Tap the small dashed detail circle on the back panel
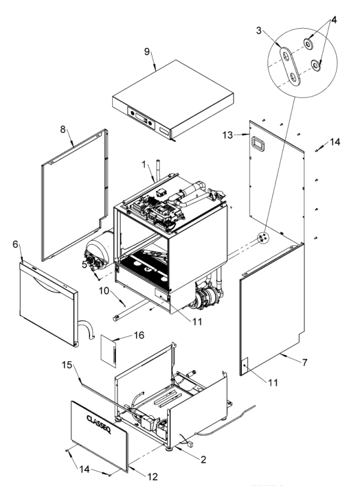tap(262, 238)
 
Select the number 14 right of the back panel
tap(335, 142)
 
